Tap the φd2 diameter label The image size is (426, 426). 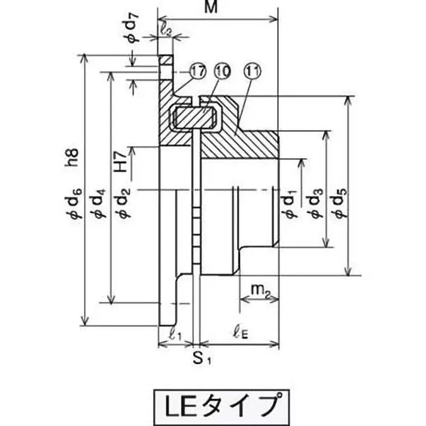tap(123, 204)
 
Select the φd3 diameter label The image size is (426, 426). tap(316, 204)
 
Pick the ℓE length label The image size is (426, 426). tap(242, 335)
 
